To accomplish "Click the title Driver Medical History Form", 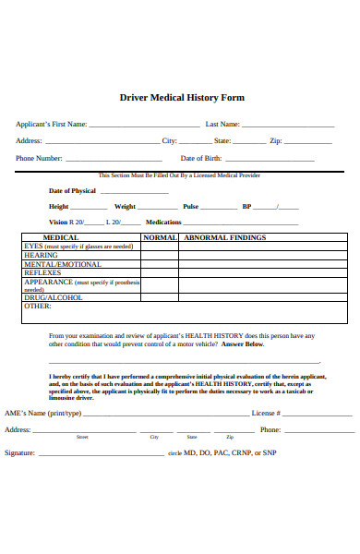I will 182,97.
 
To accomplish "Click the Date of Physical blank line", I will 133,192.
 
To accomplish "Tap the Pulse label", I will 191,207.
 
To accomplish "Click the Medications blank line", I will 241,223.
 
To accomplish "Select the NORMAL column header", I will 160,237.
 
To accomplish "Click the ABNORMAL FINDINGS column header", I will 225,237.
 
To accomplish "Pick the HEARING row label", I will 41,255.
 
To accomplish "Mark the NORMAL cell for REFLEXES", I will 160,273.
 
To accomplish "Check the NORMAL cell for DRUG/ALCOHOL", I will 160,298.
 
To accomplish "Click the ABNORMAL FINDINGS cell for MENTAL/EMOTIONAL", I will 263,264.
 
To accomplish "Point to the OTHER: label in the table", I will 38,307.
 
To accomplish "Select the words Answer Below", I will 244,344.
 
